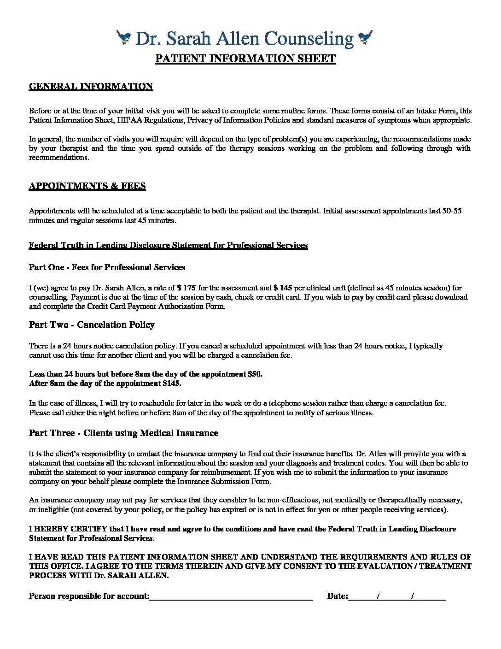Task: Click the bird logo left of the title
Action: coord(124,37)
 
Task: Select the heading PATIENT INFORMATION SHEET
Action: coord(245,59)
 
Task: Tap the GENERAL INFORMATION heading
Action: coord(91,87)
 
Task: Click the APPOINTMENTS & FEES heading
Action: coord(87,186)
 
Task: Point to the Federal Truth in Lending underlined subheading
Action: coord(168,245)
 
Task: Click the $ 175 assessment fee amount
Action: coord(186,288)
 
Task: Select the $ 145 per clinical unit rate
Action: coord(283,288)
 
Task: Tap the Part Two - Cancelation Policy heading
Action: coord(92,325)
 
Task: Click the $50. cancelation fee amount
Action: coord(255,374)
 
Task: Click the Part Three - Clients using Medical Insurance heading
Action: coord(123,433)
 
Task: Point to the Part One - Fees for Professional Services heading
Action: coord(107,268)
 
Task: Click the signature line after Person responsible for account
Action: coord(231,596)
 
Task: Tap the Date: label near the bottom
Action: coord(338,596)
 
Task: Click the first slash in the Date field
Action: coord(378,596)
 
